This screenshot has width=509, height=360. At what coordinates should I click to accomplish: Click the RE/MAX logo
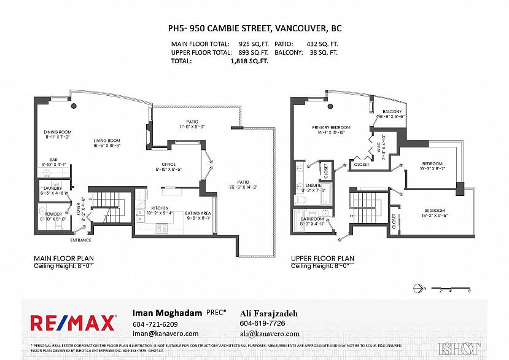point(74,323)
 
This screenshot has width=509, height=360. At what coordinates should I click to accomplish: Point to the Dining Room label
point(57,132)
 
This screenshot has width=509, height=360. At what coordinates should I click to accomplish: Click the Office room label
point(169,165)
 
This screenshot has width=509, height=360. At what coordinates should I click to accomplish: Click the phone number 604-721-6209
point(155,324)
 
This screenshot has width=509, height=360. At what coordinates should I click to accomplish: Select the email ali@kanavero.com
point(270,334)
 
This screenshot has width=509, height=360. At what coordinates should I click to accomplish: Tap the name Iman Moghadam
point(168,313)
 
